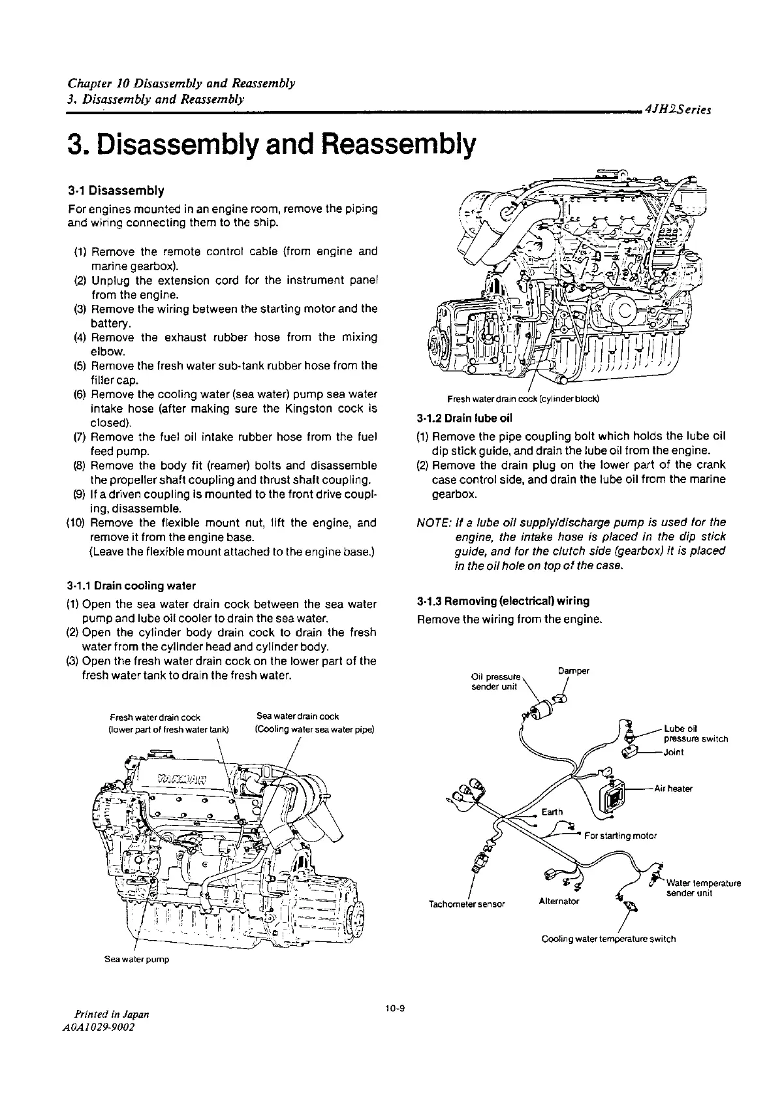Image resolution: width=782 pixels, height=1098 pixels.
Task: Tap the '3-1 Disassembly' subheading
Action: point(116,191)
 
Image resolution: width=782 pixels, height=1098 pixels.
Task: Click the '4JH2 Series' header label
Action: point(676,110)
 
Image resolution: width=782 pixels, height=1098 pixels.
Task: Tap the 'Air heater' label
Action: point(673,789)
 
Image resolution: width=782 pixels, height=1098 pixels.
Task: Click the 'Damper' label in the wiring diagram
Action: point(574,671)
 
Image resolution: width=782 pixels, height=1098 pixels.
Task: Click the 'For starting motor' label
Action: point(620,836)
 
